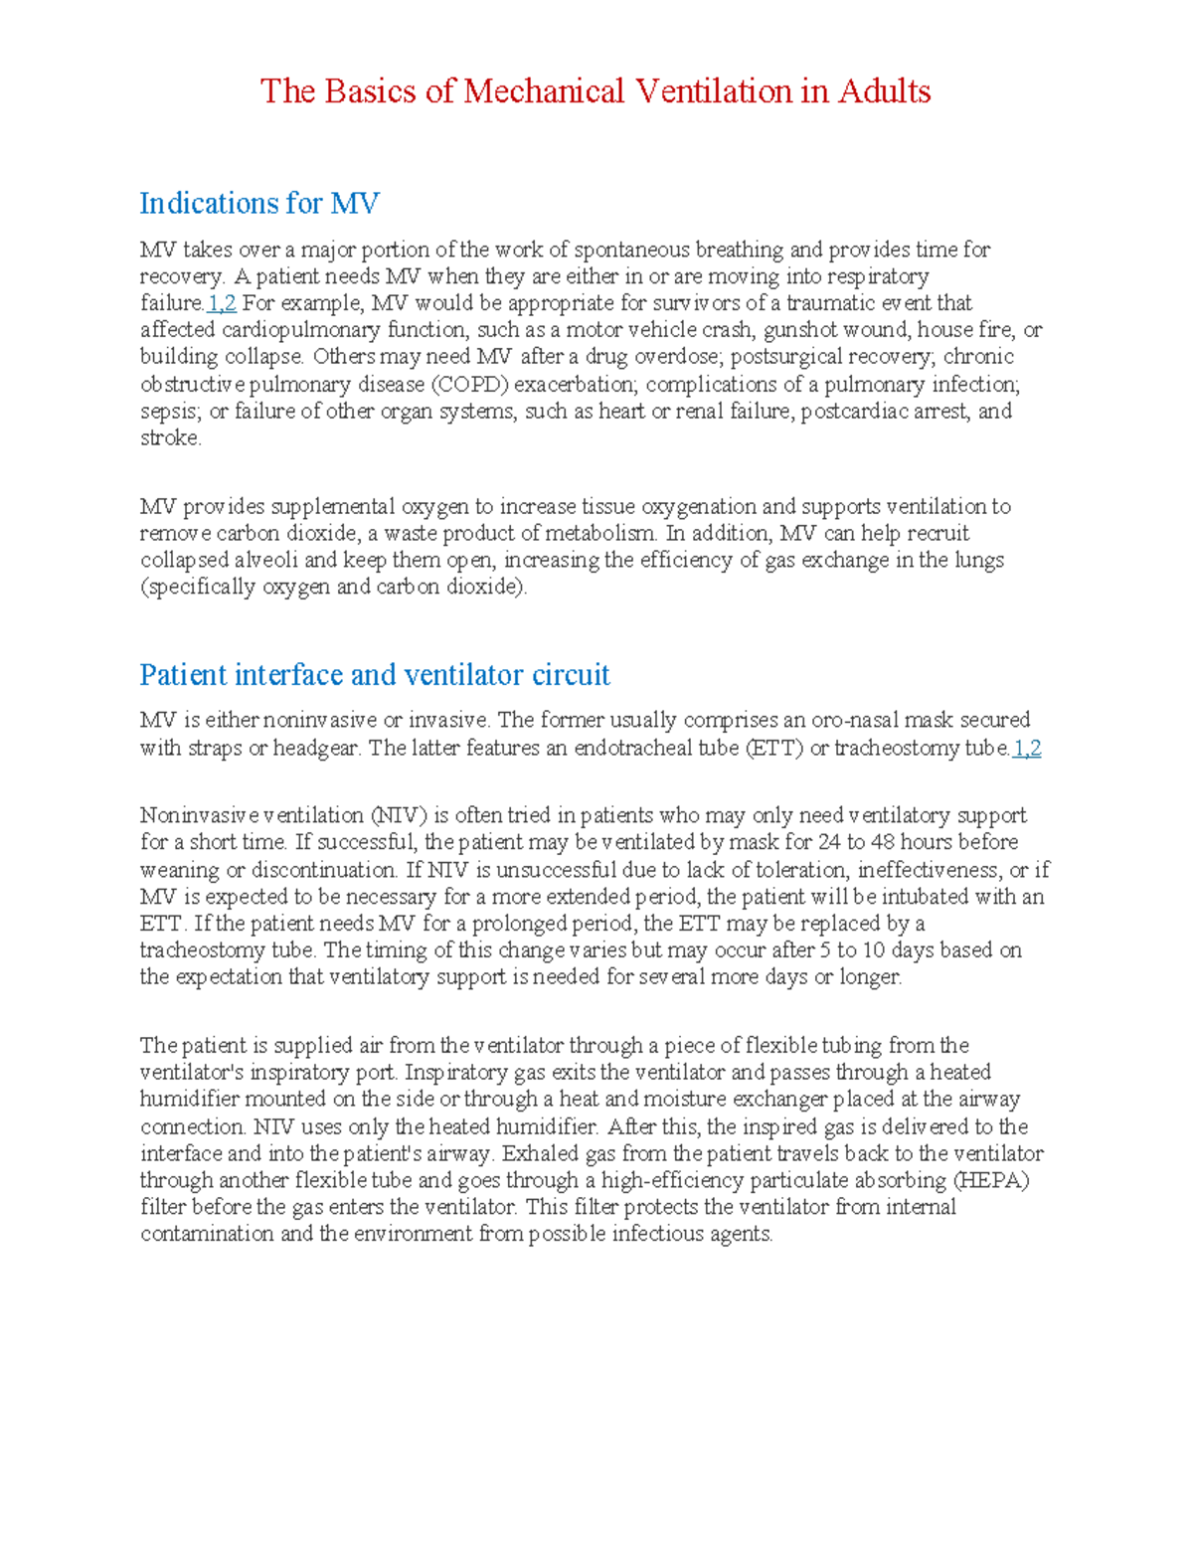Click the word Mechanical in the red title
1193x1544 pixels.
point(544,91)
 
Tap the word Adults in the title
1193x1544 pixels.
point(884,91)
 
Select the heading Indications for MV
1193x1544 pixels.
point(258,204)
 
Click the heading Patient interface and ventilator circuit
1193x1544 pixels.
point(374,675)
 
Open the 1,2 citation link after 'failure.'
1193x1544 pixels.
point(222,303)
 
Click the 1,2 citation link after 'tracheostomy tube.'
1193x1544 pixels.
point(1026,749)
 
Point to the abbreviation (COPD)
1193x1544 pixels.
point(469,384)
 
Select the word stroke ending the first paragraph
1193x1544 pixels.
point(169,438)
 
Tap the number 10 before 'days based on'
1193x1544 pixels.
point(873,950)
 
